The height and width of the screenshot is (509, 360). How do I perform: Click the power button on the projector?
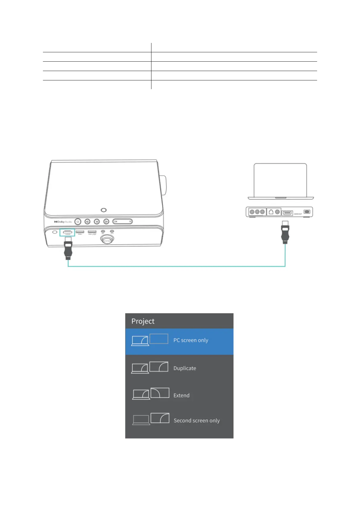(78, 222)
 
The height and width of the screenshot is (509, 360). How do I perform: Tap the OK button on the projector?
(122, 222)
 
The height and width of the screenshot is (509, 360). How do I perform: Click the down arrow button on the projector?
(97, 222)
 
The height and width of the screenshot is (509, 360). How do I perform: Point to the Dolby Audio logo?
(63, 222)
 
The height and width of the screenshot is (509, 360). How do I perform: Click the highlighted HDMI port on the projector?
(67, 232)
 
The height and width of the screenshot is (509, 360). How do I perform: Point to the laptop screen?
(280, 180)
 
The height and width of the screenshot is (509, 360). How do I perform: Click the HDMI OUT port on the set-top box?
(287, 213)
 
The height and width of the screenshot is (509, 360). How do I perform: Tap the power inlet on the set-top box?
(307, 212)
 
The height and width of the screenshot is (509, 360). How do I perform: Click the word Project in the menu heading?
(143, 321)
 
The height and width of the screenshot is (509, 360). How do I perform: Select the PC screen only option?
(191, 340)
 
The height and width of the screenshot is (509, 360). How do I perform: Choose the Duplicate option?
(185, 368)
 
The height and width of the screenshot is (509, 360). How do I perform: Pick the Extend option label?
(181, 395)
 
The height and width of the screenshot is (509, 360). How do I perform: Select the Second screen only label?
(196, 420)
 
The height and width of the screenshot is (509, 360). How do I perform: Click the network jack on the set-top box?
(271, 212)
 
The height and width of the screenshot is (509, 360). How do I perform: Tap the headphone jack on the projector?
(112, 232)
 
